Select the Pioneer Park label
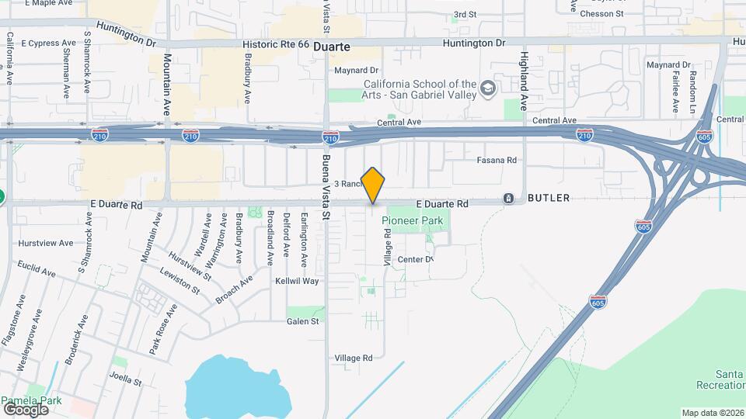pos(413,221)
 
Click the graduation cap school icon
pos(488,88)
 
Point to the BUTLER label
pos(549,199)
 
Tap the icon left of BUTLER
pos(508,199)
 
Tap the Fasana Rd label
pos(497,160)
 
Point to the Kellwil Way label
pos(298,281)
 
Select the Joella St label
pos(125,381)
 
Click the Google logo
pos(26,409)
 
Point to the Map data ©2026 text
pos(712,413)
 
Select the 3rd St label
pos(465,14)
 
